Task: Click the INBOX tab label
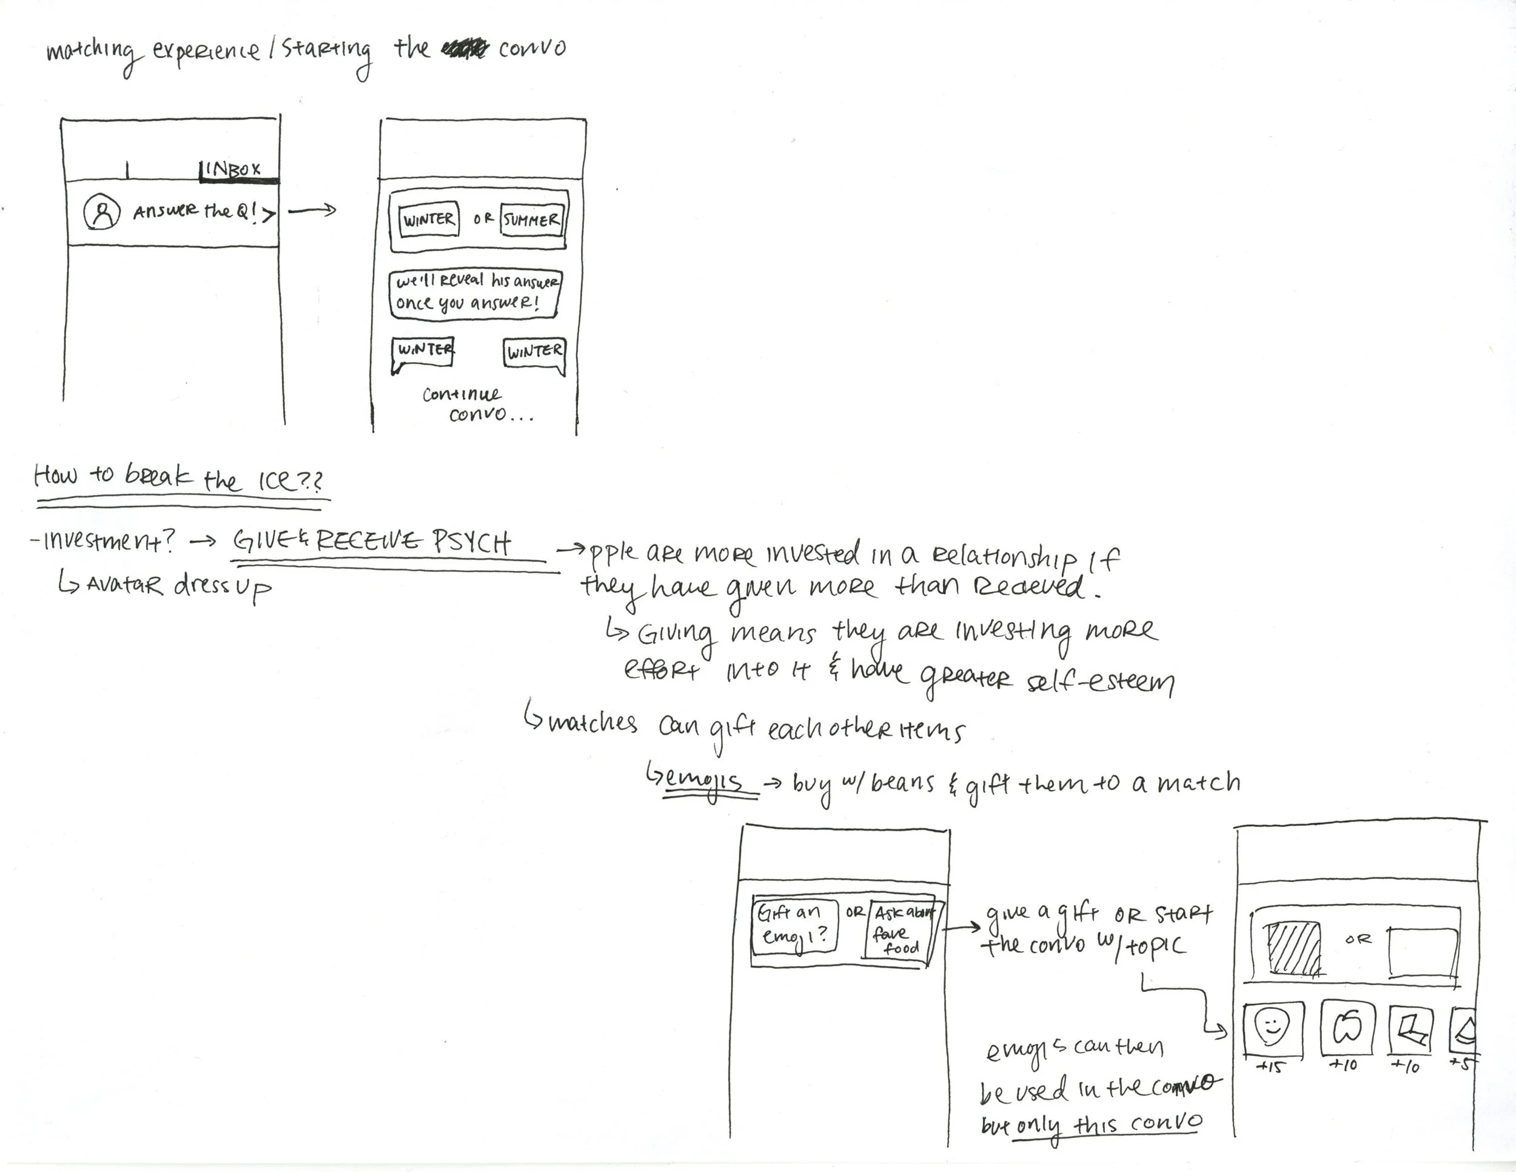[x=233, y=169]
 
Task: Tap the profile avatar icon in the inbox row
[x=102, y=212]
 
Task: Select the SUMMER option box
[x=531, y=220]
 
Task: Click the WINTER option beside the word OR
[x=429, y=220]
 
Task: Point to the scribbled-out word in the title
[x=464, y=49]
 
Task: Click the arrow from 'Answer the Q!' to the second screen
[x=312, y=210]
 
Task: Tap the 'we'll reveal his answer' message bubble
[x=475, y=293]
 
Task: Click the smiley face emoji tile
[x=1272, y=1028]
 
